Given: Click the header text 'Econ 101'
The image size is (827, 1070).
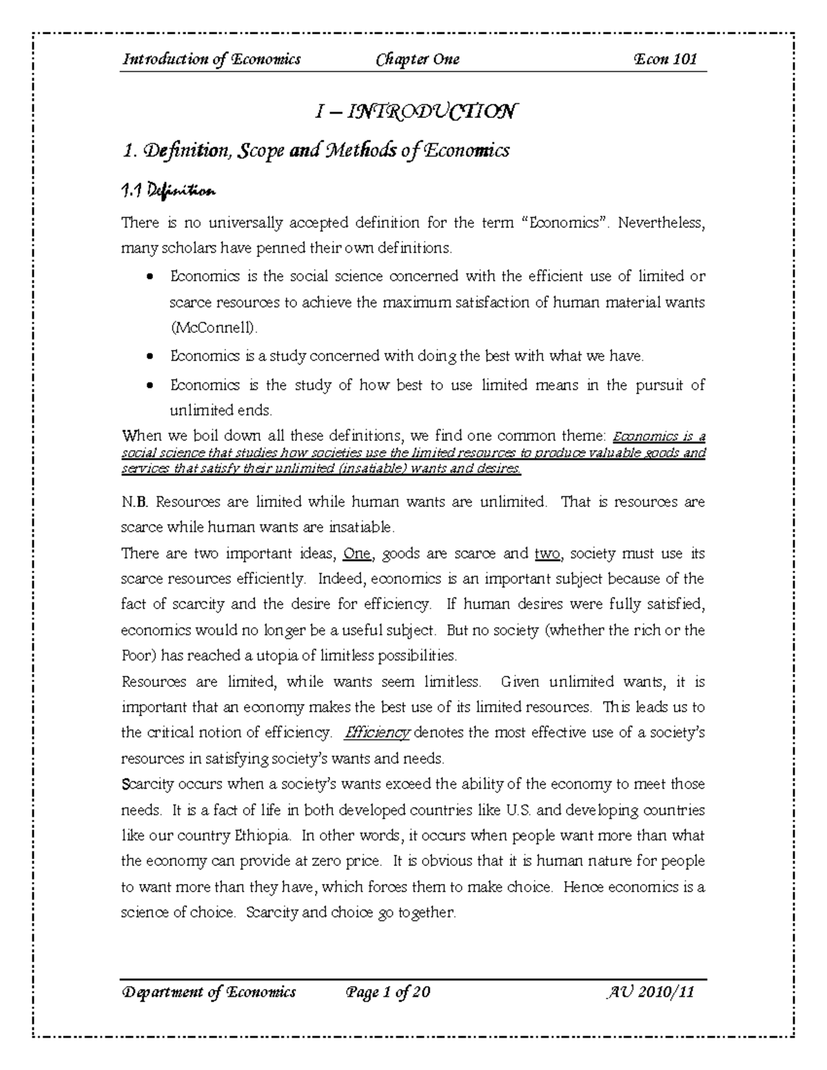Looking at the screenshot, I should (665, 59).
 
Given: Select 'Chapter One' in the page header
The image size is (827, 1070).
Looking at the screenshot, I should (418, 59).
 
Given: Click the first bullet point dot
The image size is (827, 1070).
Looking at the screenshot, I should (150, 277).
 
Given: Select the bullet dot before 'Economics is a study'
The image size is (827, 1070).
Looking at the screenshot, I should (150, 357).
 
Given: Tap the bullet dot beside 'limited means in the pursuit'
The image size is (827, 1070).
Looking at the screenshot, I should (150, 386).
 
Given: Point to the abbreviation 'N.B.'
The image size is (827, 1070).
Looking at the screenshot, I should (134, 502).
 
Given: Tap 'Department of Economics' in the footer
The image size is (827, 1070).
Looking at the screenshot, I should (209, 992).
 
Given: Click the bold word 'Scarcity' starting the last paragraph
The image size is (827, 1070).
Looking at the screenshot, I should (145, 784).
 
